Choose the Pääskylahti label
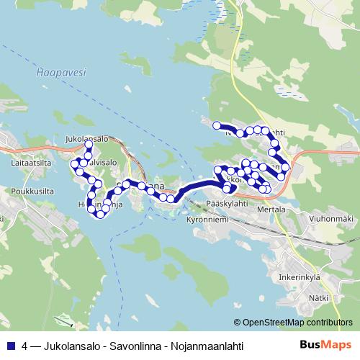227,204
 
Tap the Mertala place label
271,210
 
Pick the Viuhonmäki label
332,219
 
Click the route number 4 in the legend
26,346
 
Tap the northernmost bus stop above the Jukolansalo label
89,145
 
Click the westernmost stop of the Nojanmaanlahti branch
216,126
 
